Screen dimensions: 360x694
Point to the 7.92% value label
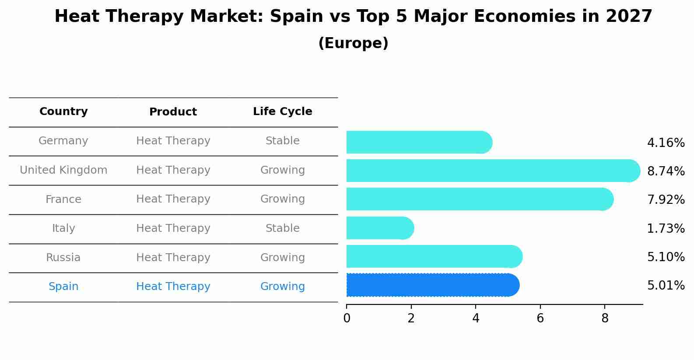coord(666,200)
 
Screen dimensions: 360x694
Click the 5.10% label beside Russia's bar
coord(666,257)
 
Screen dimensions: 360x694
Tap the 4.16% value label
coord(666,143)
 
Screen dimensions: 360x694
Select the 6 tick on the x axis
coord(540,318)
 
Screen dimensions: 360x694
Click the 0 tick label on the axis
coord(347,318)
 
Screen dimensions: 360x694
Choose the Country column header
coord(63,112)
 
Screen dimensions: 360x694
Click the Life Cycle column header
coord(282,112)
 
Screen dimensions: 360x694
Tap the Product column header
coord(173,112)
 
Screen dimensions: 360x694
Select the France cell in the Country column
coord(63,199)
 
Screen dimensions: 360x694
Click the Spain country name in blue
coord(63,287)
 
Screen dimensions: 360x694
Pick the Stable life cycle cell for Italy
coord(282,228)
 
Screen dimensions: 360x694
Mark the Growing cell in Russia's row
coord(282,258)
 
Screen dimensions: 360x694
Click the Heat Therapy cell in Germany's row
coord(173,141)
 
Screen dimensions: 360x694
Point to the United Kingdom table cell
coord(63,170)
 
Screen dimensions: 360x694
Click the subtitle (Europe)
coord(353,43)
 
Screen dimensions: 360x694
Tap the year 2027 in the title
coord(629,17)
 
